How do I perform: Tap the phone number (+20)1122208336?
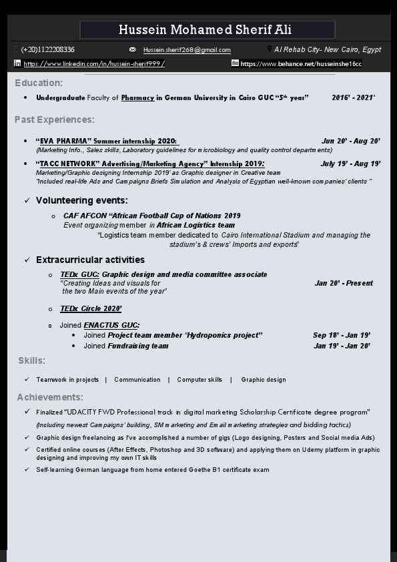(x=48, y=50)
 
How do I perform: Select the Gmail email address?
(x=187, y=50)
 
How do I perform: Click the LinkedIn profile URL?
(x=94, y=64)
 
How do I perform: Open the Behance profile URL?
(x=301, y=64)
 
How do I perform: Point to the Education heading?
(x=39, y=83)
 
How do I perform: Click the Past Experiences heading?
(x=55, y=119)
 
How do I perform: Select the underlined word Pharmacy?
(x=137, y=97)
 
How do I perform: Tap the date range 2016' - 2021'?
(x=353, y=97)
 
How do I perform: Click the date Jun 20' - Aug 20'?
(x=350, y=141)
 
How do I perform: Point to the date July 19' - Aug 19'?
(x=350, y=164)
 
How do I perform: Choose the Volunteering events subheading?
(x=82, y=200)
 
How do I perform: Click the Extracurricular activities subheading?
(x=90, y=260)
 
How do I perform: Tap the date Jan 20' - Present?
(x=344, y=283)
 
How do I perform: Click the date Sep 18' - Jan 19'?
(x=342, y=335)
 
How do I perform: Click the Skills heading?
(x=32, y=360)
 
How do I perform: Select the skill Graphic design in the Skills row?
(x=264, y=380)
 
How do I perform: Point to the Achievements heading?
(x=50, y=397)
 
